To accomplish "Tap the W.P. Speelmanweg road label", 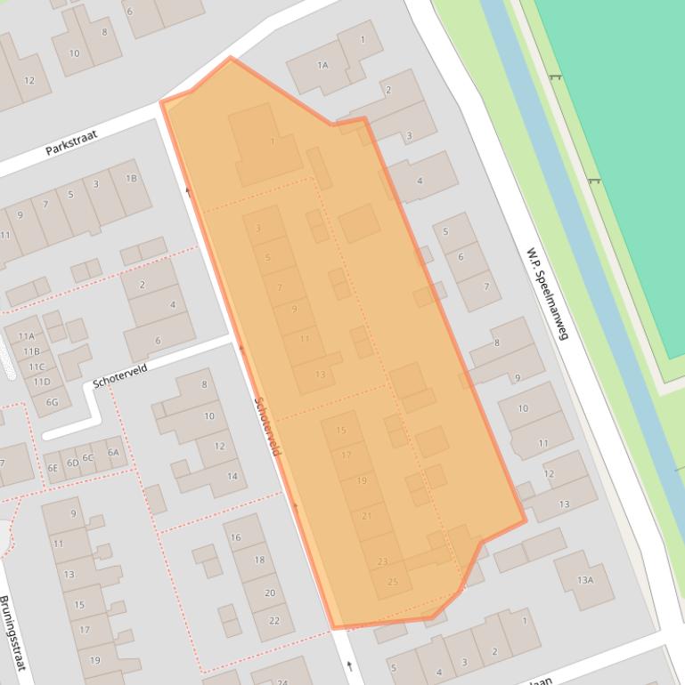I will pos(547,293).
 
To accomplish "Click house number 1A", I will pos(322,65).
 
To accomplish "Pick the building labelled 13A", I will pos(584,580).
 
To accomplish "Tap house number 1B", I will pos(131,178).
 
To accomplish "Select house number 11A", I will pos(28,336).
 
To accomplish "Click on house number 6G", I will pos(52,402).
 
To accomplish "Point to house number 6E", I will pos(53,467).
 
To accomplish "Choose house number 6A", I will pos(113,452).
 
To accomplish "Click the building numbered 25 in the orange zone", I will pos(393,582).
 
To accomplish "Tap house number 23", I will pos(383,561).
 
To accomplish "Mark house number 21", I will pos(367,516).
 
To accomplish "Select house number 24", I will pos(282,681).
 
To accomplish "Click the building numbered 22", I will pos(274,621).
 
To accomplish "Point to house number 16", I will pos(236,537).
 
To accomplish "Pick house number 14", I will pos(232,476).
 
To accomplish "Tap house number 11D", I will pos(41,382).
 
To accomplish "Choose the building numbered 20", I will pos(270,592).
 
